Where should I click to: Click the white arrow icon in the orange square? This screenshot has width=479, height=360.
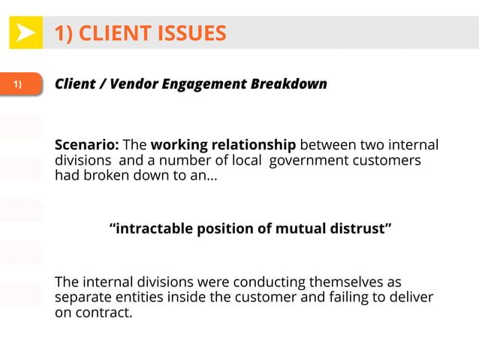click(x=26, y=33)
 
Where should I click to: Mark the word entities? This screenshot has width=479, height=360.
click(x=130, y=298)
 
